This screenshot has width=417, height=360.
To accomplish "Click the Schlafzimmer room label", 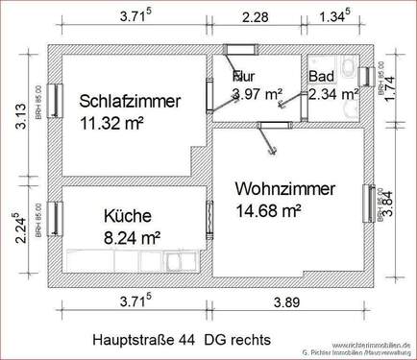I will click(131, 100).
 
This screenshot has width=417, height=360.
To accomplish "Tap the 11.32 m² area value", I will click(114, 122).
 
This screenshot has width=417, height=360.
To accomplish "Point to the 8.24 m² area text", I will click(131, 236).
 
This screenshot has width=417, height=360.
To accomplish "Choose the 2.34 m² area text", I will click(333, 94).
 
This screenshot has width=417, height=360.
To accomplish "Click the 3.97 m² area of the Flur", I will click(257, 94).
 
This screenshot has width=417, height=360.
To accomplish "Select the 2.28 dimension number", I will click(255, 16).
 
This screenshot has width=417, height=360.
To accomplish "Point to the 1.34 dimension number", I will click(331, 16).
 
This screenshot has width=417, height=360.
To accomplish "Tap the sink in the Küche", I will click(177, 260).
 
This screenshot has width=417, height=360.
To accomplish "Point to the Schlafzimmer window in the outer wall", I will click(55, 100).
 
